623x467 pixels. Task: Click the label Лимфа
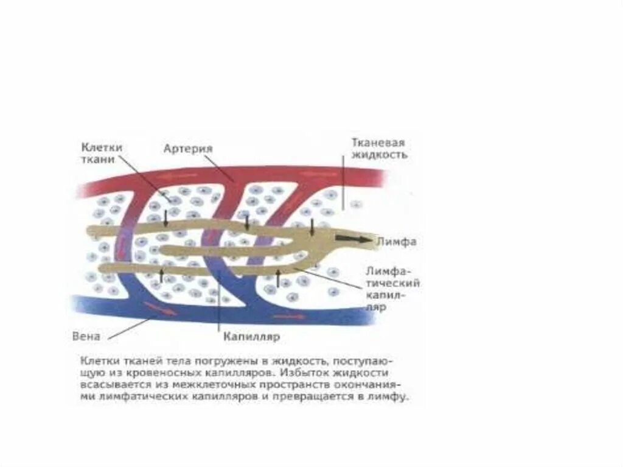click(395, 241)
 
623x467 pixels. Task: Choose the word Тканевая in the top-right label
click(378, 142)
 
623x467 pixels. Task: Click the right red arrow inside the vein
click(289, 317)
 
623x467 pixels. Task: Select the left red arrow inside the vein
click(161, 309)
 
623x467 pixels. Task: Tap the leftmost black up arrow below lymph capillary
click(161, 275)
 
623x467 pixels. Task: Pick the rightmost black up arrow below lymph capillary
click(278, 278)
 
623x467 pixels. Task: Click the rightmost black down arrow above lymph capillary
click(312, 227)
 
